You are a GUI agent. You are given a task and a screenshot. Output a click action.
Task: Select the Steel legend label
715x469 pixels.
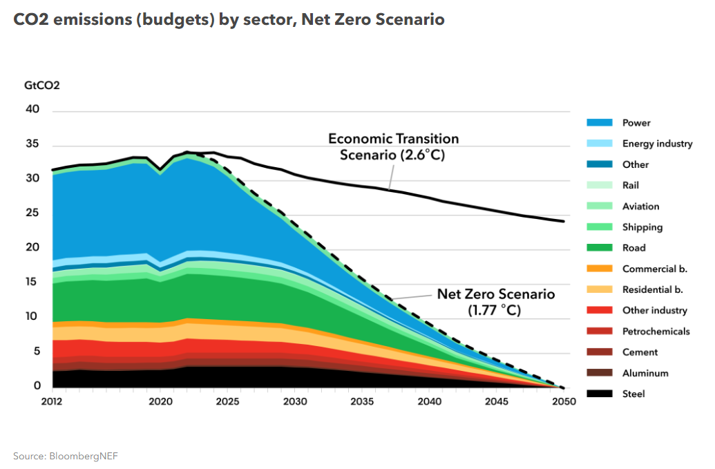(633, 394)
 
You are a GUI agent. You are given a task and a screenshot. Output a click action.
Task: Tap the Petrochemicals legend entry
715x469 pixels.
(656, 332)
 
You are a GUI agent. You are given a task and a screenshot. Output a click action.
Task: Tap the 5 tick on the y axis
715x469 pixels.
(37, 352)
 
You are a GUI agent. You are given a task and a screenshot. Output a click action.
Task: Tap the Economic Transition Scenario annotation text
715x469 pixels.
(392, 146)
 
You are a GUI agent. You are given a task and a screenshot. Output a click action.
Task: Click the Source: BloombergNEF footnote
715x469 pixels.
(61, 456)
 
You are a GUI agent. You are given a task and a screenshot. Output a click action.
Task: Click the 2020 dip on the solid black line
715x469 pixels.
(160, 169)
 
